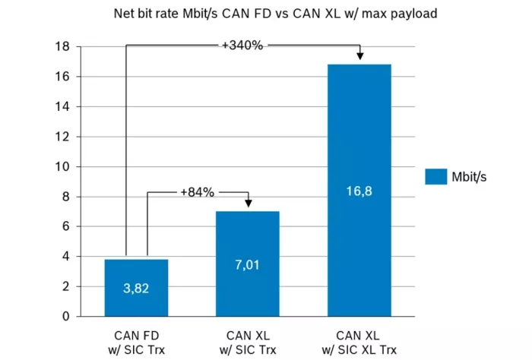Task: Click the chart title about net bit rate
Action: (x=266, y=13)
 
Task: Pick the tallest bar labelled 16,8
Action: (x=359, y=190)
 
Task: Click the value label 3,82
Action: (x=137, y=289)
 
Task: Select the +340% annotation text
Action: (x=242, y=46)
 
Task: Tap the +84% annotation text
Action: (x=197, y=193)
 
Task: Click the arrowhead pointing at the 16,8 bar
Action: (x=359, y=57)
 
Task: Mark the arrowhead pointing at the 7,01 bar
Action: (x=249, y=204)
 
